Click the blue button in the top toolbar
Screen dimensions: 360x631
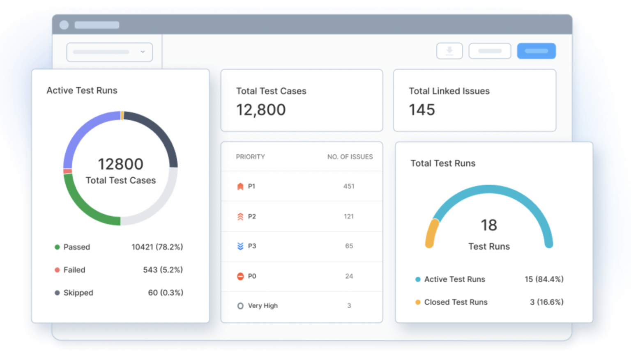tap(536, 51)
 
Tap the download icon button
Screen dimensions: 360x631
tap(449, 51)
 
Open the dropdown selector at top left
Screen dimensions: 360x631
tap(109, 52)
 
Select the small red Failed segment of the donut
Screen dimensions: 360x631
tap(67, 171)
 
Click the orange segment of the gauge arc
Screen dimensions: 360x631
tap(431, 233)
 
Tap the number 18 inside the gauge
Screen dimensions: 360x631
tap(489, 225)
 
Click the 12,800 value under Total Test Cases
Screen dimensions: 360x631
tap(261, 110)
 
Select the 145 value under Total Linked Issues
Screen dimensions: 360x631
tap(422, 110)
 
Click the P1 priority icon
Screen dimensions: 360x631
tap(240, 186)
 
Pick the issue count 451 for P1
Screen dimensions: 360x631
tap(349, 186)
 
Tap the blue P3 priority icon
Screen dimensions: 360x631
tap(240, 246)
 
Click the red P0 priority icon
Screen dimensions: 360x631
tap(240, 276)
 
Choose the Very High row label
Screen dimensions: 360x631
tap(263, 306)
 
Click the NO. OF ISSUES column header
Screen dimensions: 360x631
tap(350, 157)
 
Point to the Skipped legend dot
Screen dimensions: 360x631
tap(57, 293)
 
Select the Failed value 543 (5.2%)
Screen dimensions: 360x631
tap(163, 270)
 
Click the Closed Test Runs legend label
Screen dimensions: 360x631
tap(456, 302)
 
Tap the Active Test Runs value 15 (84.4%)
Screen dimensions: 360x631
tap(544, 279)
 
